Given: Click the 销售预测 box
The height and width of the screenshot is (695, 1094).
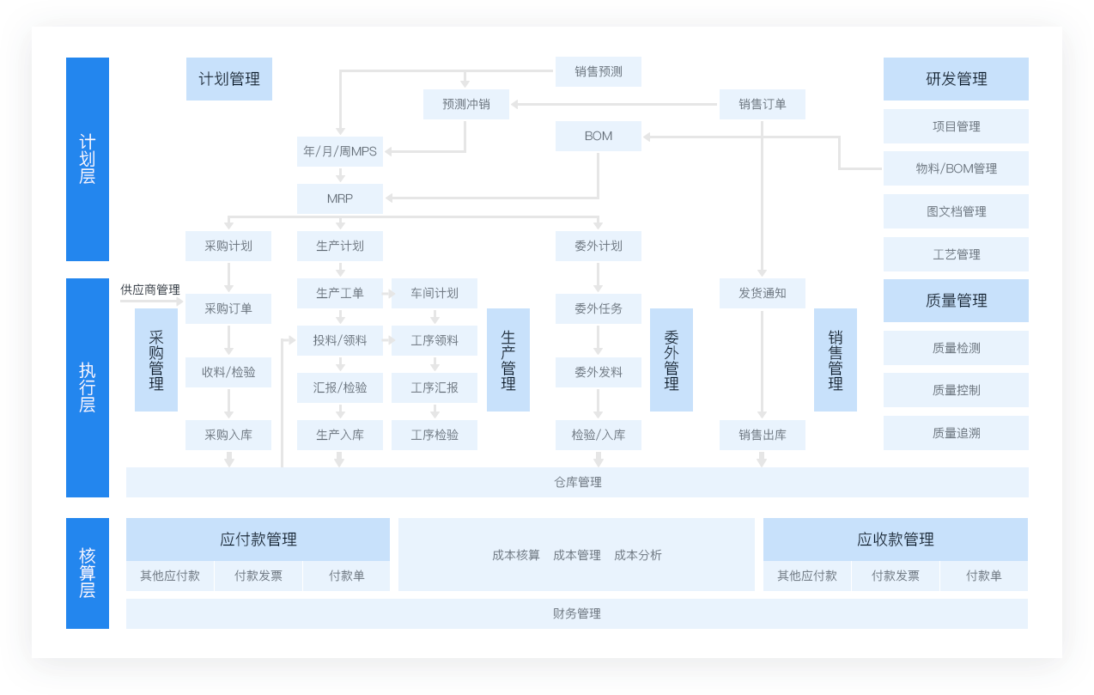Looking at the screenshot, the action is pos(599,71).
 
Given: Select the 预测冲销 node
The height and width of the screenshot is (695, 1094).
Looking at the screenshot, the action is pos(466,104).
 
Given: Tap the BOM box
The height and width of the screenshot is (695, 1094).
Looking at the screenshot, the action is pos(599,136).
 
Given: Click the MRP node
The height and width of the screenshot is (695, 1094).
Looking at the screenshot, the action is pos(340,198).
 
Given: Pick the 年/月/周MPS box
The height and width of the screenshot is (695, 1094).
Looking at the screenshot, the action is pos(340,151).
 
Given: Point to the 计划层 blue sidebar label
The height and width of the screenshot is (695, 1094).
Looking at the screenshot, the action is pos(88,159).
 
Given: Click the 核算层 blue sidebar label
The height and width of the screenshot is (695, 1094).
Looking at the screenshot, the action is pos(88,573).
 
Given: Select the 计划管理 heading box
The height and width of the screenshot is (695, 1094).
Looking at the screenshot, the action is pos(229,79).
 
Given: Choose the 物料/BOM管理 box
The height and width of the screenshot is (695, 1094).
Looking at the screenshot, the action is pos(956,168).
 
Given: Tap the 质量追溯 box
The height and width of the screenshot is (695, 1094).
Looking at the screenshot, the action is pos(956,433).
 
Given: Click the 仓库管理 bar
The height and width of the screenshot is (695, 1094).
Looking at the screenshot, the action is pos(577,483).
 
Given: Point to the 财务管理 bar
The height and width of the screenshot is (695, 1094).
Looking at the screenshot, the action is pos(577,614).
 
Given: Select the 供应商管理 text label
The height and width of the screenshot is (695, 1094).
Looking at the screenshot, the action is pos(150,290).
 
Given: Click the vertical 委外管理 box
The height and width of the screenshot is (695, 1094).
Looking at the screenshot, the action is pos(672,360).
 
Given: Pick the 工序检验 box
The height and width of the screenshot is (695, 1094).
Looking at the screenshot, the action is pos(435,435).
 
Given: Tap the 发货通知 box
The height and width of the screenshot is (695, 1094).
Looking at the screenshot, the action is pos(763,293).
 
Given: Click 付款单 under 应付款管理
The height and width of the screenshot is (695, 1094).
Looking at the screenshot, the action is pos(347,576).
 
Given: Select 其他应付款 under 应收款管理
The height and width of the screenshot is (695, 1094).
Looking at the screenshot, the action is pos(807,576).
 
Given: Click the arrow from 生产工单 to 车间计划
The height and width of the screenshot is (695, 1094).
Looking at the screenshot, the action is pos(389,294).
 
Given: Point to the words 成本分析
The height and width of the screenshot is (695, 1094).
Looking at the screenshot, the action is pos(638,555).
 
